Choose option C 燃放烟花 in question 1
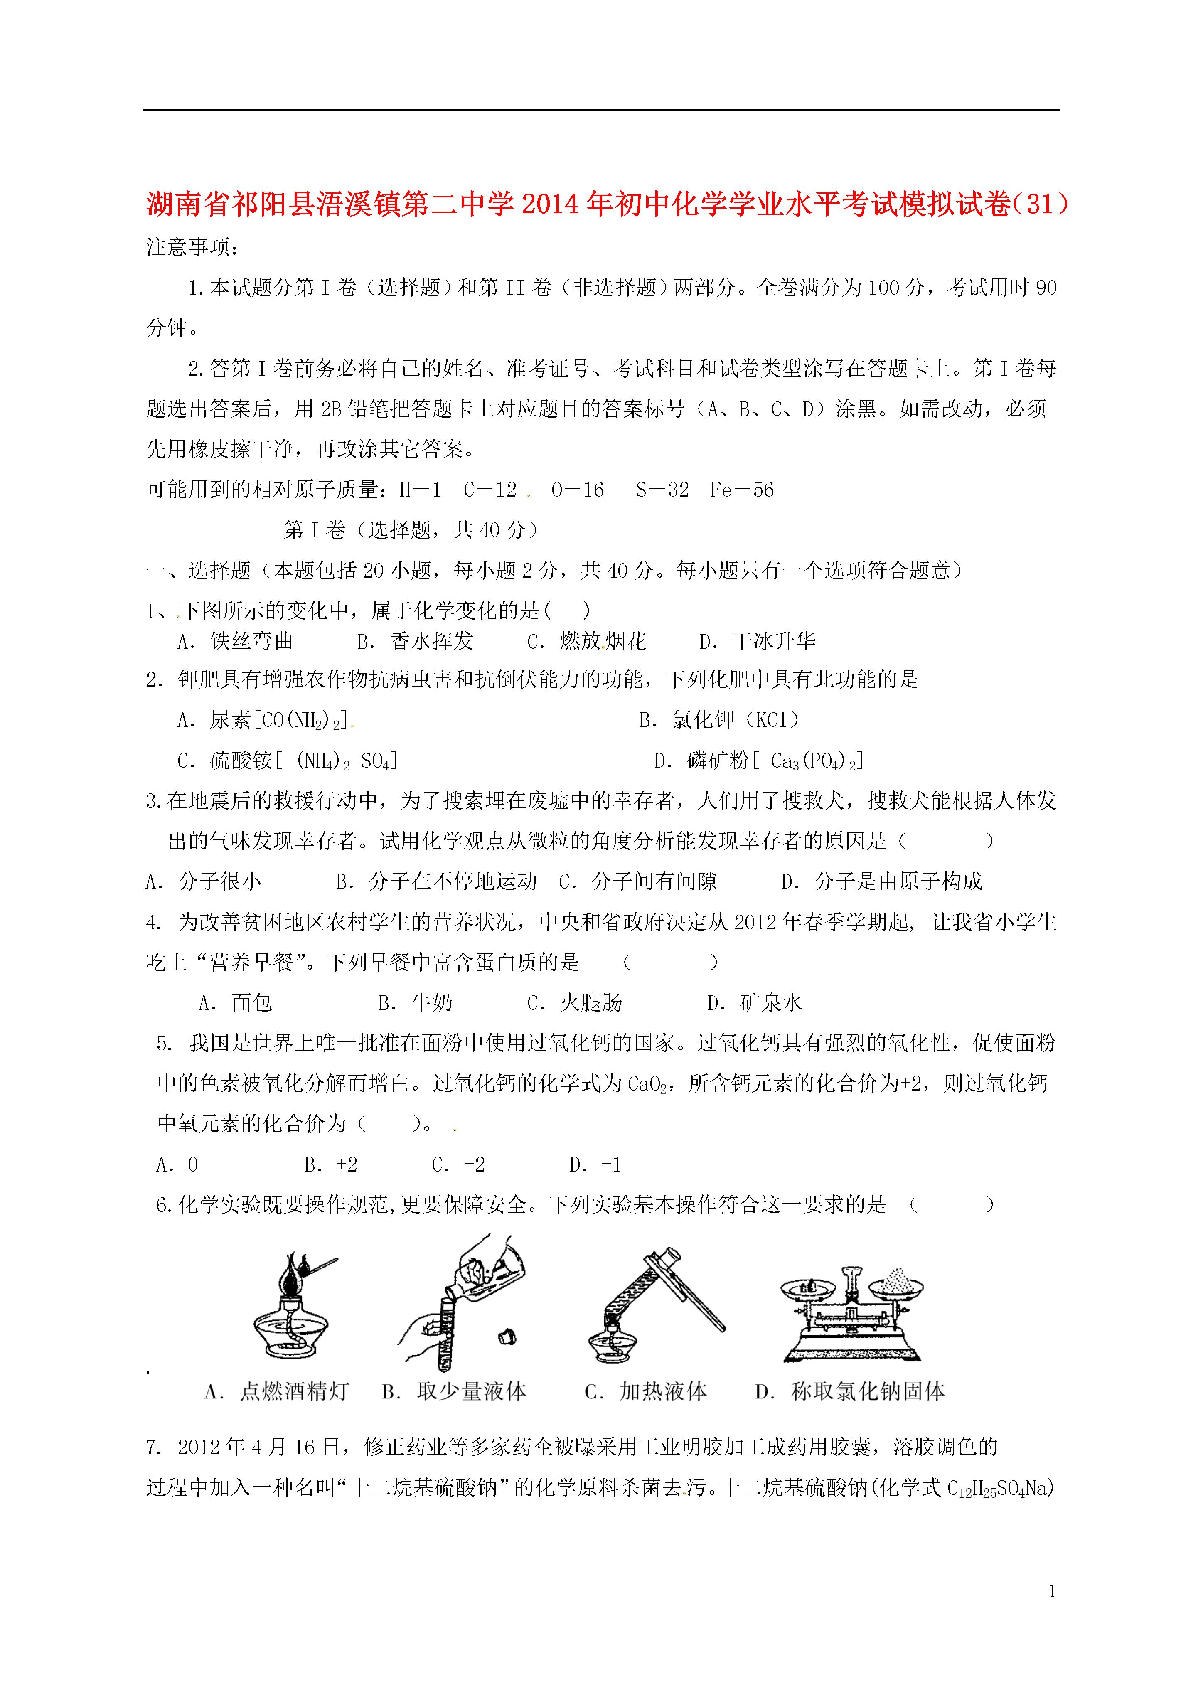(587, 642)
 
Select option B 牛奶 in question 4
(415, 1003)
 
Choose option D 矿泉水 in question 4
(755, 1003)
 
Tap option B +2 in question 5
(331, 1164)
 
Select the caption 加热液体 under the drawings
(646, 1391)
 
